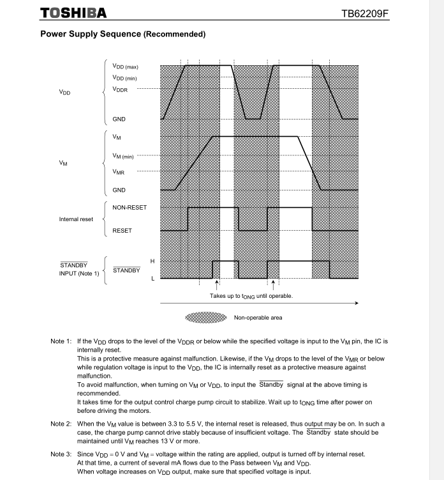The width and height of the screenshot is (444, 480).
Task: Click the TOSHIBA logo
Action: click(73, 13)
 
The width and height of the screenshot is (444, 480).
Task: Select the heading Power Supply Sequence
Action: click(122, 33)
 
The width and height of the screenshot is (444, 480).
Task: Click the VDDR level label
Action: click(120, 89)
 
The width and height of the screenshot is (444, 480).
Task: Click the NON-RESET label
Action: click(129, 208)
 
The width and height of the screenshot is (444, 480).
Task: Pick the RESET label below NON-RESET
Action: click(122, 230)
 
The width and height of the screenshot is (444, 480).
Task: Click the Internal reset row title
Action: click(76, 219)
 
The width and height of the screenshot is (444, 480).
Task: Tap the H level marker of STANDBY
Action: click(152, 261)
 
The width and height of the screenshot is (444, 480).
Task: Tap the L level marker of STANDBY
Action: click(152, 278)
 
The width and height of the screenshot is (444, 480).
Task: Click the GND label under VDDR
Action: click(119, 119)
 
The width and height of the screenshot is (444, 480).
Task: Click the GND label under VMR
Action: click(119, 190)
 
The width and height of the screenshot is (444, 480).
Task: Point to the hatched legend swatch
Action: click(205, 317)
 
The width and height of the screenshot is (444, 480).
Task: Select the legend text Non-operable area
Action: click(258, 317)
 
